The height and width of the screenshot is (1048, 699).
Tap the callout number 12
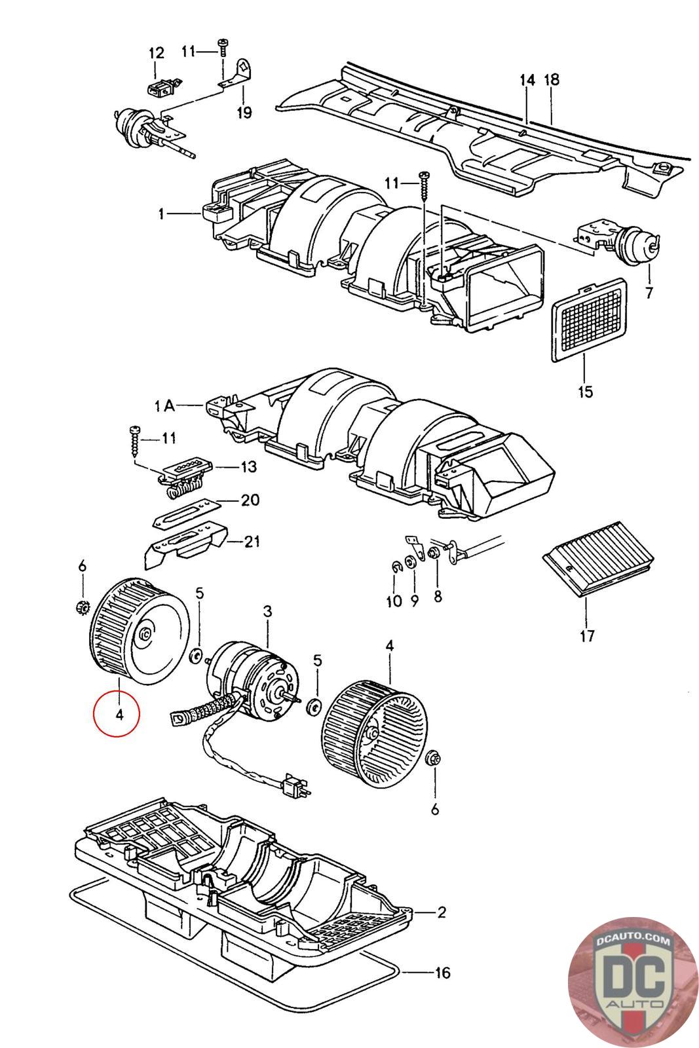tap(157, 53)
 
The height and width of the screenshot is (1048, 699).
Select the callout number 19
tap(244, 112)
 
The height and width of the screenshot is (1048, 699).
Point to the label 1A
tap(164, 405)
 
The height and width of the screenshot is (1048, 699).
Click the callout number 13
tap(248, 466)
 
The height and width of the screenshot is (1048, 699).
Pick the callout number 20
tap(250, 500)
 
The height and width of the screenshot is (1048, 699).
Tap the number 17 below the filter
tap(587, 636)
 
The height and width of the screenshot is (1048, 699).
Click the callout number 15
tap(585, 391)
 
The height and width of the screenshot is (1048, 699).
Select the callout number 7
tap(649, 293)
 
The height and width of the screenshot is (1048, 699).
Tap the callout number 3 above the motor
tap(267, 611)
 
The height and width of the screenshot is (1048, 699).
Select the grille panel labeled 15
tap(589, 320)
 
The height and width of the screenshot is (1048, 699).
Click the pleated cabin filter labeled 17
tap(598, 559)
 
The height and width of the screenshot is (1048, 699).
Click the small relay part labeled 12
tap(161, 86)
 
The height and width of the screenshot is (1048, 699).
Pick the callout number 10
tap(394, 601)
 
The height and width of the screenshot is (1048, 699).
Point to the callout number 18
tap(552, 79)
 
